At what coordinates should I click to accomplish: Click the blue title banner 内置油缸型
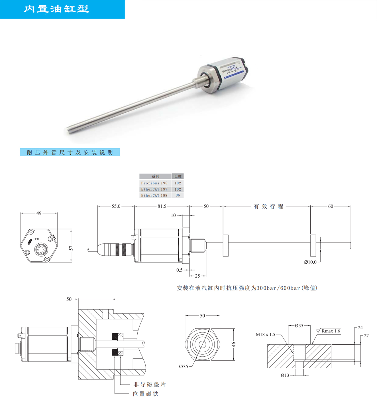(62, 9)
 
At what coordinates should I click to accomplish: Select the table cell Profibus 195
(154, 183)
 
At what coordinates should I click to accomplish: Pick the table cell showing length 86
(178, 195)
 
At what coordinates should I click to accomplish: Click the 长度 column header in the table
(178, 176)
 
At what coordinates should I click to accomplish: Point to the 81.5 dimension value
(162, 206)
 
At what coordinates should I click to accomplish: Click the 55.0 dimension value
(116, 206)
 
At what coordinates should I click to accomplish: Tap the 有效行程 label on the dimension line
(268, 206)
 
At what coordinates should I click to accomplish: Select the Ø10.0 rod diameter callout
(310, 262)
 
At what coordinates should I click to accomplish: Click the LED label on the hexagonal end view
(36, 239)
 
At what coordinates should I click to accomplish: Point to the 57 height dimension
(71, 248)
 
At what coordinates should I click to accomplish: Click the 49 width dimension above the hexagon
(39, 213)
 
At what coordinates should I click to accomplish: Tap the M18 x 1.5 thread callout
(265, 334)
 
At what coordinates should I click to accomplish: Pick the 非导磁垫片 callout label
(150, 384)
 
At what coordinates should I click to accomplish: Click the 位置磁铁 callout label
(145, 394)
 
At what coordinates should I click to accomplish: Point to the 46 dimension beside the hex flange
(234, 344)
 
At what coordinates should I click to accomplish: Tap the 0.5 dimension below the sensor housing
(180, 270)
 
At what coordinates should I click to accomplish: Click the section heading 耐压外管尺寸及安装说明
(70, 152)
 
